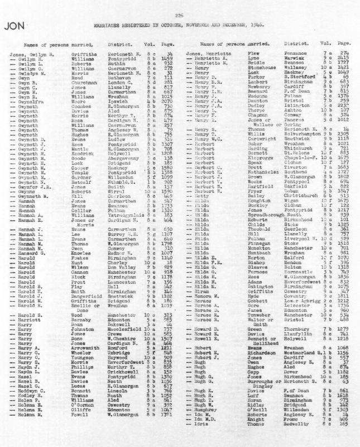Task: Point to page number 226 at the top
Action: tap(179, 15)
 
